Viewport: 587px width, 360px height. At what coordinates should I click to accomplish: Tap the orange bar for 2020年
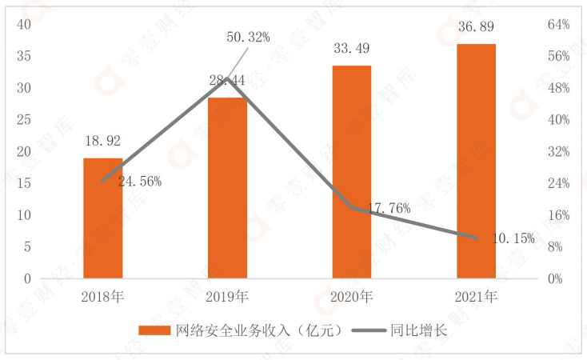point(352,172)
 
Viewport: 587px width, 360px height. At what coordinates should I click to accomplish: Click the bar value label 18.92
point(102,141)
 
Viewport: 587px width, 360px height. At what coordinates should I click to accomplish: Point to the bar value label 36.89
point(477,27)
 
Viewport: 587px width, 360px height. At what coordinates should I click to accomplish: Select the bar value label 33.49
point(352,48)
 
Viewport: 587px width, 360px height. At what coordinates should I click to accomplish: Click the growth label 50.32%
point(249,37)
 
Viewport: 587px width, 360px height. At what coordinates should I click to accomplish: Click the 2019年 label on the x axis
point(227,298)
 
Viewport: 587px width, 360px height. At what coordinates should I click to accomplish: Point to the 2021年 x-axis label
point(477,298)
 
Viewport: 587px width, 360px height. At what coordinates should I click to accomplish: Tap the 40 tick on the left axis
point(23,24)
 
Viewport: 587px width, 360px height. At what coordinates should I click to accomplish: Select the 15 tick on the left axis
point(23,183)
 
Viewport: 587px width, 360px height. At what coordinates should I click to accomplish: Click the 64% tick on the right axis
point(557,24)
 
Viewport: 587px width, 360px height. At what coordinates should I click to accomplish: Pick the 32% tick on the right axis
point(557,151)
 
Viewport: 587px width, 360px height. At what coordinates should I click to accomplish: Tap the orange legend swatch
point(154,330)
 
